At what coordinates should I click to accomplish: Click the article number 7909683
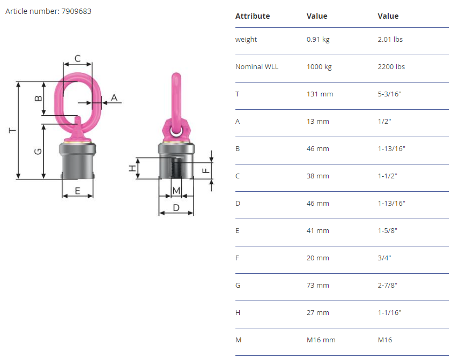point(76,11)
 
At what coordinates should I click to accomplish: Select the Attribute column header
point(253,16)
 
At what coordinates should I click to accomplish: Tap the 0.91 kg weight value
point(318,40)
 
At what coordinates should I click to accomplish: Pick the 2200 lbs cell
point(391,66)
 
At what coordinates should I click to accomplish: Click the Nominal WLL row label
point(257,66)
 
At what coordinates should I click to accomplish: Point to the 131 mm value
point(320,94)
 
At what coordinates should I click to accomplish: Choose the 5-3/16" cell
point(389,94)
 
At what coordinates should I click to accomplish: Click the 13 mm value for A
point(317,122)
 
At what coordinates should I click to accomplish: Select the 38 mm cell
point(317,176)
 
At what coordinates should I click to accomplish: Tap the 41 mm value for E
point(317,231)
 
